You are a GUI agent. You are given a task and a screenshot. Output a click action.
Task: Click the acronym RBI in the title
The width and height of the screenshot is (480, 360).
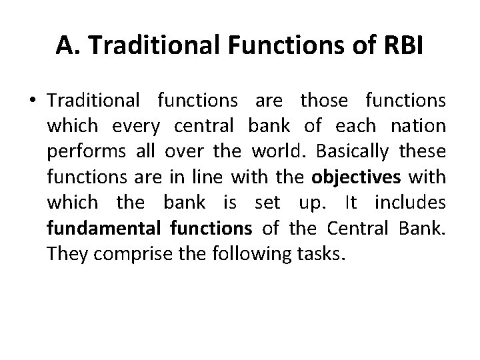point(398,45)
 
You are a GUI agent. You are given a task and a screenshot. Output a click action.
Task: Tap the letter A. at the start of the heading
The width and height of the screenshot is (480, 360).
point(65,45)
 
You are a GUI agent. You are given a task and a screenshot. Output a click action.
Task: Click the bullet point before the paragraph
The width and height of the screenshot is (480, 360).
point(33,102)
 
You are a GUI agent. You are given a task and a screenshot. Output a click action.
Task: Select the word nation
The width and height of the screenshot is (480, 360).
point(423,127)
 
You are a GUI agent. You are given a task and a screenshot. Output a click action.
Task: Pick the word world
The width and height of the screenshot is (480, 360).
point(273,152)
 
